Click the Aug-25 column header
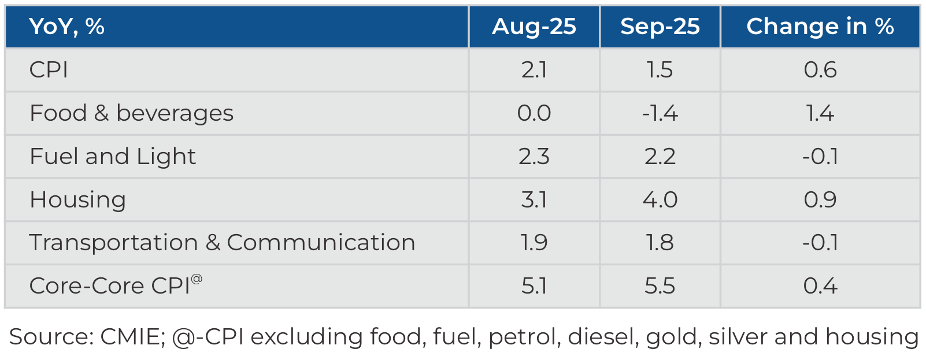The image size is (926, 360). [x=534, y=27]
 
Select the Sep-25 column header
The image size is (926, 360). [x=660, y=27]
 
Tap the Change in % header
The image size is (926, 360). [x=820, y=27]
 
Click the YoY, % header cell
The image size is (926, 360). [x=66, y=27]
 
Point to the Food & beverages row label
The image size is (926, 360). [x=131, y=113]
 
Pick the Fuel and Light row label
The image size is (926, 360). [x=113, y=157]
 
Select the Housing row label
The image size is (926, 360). [x=77, y=200]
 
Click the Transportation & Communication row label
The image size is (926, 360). [x=222, y=243]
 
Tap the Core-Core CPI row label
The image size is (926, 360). [x=110, y=286]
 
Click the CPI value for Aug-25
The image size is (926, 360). [x=534, y=70]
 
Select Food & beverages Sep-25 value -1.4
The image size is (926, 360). [x=660, y=113]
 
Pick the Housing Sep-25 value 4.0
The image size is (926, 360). [x=660, y=200]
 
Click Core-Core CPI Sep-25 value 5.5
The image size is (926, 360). [x=660, y=286]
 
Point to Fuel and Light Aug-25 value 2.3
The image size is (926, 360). [x=534, y=157]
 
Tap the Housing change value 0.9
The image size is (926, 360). [x=820, y=200]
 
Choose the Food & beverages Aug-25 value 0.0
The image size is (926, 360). [x=534, y=113]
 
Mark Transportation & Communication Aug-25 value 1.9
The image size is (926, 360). [x=534, y=243]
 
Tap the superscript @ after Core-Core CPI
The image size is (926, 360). [x=197, y=279]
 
